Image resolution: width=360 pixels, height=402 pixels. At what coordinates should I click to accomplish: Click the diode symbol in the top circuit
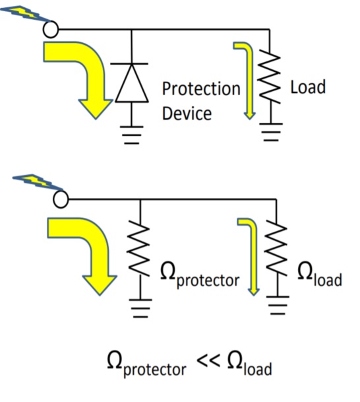[x=132, y=83]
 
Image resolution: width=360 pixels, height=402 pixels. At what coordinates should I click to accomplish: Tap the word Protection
[x=201, y=88]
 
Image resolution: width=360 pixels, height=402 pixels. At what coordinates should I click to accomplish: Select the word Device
[x=187, y=112]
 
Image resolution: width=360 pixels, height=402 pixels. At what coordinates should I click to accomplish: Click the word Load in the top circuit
[x=308, y=86]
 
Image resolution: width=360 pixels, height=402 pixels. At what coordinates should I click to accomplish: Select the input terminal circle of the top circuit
[x=51, y=29]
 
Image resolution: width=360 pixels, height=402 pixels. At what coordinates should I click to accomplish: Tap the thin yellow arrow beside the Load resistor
[x=245, y=79]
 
